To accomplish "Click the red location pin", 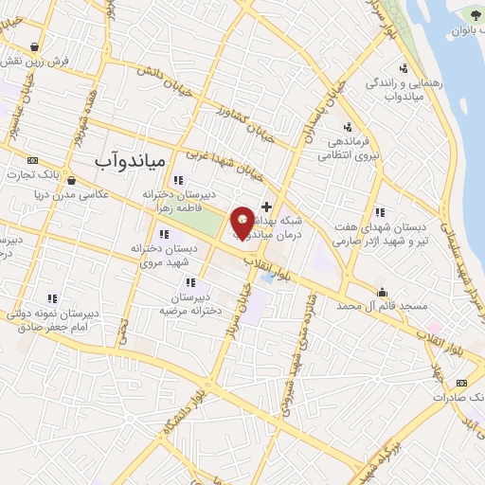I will point(243,223).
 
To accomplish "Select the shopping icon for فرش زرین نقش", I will point(35,45).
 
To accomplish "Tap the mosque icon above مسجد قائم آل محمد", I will point(382,292).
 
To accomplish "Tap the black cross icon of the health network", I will point(267,207).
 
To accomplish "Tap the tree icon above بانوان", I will point(475,17).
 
